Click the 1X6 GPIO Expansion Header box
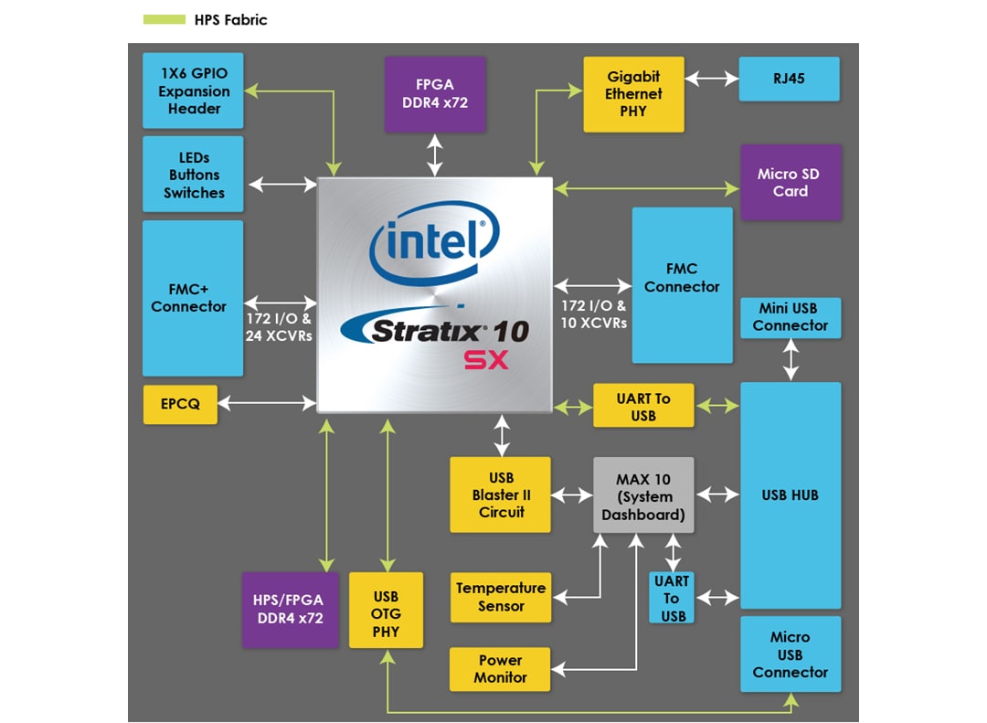(193, 90)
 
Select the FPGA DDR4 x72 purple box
(435, 94)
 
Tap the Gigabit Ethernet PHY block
(633, 94)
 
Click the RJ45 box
(790, 79)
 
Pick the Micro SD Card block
(790, 183)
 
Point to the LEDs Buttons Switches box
(193, 175)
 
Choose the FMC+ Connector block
(193, 298)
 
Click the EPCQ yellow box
(181, 404)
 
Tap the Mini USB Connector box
(790, 317)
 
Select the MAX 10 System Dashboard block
(643, 495)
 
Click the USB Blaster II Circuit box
(501, 494)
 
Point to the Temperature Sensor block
(501, 597)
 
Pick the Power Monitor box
(501, 669)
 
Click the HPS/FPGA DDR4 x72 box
(288, 610)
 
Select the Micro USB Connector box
(790, 654)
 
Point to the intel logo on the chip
(435, 240)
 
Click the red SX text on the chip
(485, 360)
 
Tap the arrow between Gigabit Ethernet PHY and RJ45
(711, 79)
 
